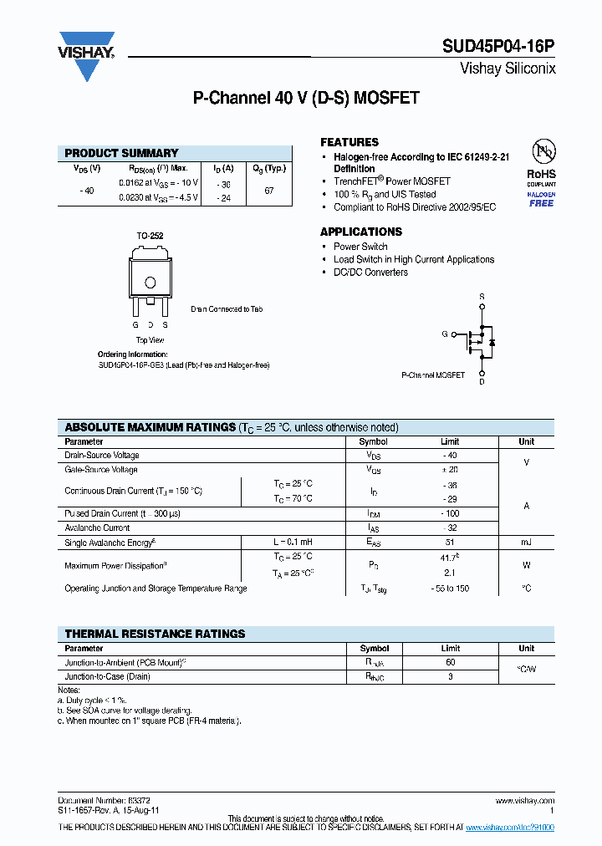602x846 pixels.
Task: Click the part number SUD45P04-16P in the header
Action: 498,48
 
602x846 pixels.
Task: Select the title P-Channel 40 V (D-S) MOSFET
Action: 306,99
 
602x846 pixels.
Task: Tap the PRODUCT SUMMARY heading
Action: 121,153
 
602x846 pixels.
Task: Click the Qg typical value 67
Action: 269,191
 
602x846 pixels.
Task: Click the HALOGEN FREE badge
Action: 541,199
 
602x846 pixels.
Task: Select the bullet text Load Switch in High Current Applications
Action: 414,259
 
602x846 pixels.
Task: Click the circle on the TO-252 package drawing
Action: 150,282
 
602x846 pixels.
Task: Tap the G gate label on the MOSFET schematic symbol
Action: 445,334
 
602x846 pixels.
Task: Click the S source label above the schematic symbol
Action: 482,297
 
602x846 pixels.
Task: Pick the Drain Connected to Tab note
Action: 227,309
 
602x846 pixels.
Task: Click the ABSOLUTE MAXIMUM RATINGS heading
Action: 150,427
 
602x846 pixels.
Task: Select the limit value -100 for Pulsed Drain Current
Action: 450,513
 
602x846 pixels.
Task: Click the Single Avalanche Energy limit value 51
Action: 450,543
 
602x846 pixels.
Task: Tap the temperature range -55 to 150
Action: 450,589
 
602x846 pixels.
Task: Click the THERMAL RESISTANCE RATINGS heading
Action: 155,634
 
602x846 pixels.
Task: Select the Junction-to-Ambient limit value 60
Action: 450,662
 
